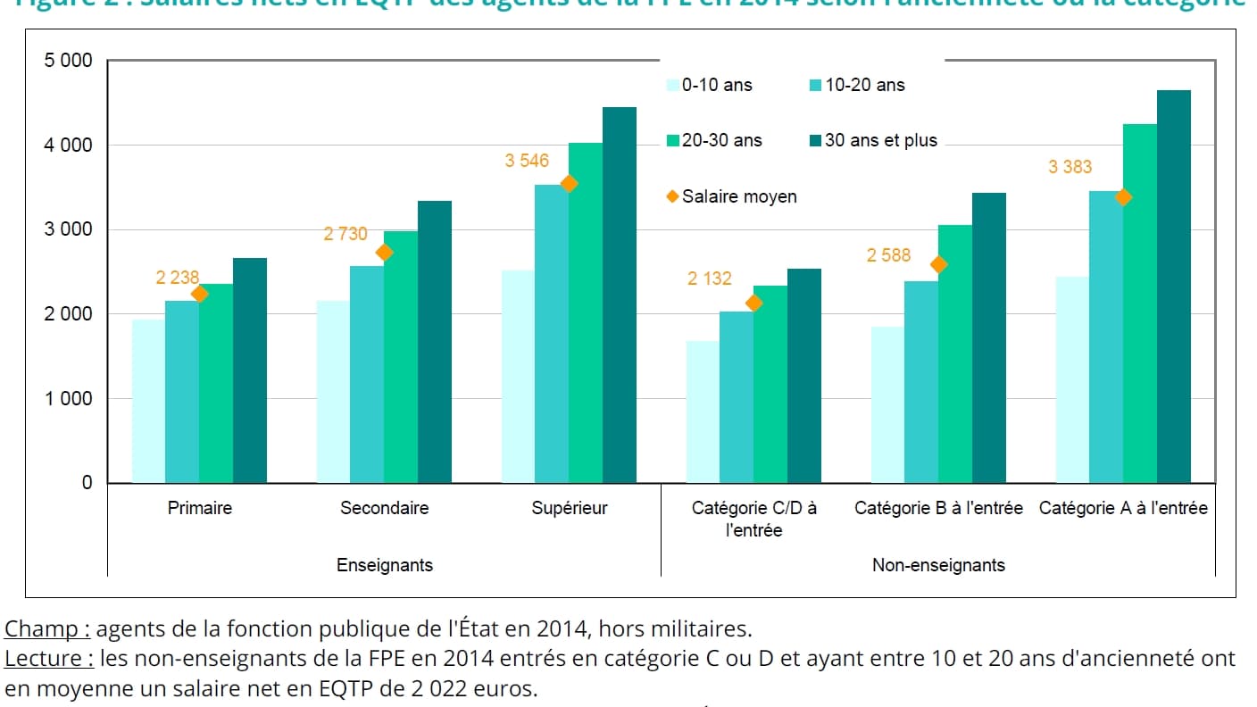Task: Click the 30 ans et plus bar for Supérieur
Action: pyautogui.click(x=620, y=295)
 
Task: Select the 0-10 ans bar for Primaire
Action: pyautogui.click(x=148, y=401)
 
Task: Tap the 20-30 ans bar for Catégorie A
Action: pyautogui.click(x=1140, y=304)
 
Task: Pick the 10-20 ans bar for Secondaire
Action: pyautogui.click(x=366, y=374)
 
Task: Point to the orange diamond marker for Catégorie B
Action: pyautogui.click(x=938, y=264)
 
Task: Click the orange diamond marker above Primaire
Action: pyautogui.click(x=199, y=294)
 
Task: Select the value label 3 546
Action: pyautogui.click(x=527, y=162)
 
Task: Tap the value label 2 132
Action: pyautogui.click(x=709, y=279)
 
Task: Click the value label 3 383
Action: pyautogui.click(x=1070, y=167)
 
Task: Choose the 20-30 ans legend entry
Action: pyautogui.click(x=714, y=140)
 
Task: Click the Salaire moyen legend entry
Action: pyautogui.click(x=732, y=196)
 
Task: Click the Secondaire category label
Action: pyautogui.click(x=384, y=508)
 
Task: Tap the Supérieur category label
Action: pyautogui.click(x=570, y=508)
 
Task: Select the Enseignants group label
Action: pyautogui.click(x=384, y=565)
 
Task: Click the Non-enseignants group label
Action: pyautogui.click(x=938, y=565)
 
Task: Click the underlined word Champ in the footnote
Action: pyautogui.click(x=47, y=629)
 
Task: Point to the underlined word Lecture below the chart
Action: pyautogui.click(x=49, y=660)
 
